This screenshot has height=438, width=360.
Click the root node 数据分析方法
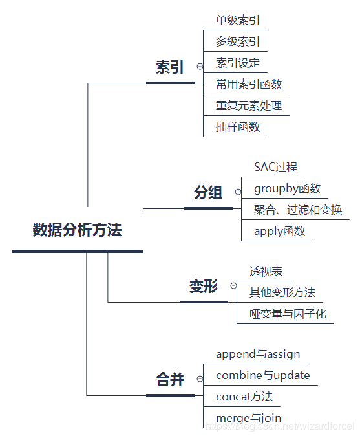click(77, 230)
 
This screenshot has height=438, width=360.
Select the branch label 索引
click(170, 67)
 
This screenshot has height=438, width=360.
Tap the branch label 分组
click(208, 192)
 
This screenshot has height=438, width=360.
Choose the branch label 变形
click(204, 287)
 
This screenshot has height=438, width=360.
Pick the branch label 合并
click(170, 380)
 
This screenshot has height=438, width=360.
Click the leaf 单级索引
click(238, 21)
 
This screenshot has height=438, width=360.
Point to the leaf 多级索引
click(238, 42)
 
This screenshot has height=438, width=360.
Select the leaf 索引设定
click(238, 63)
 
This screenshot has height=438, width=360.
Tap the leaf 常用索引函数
click(249, 84)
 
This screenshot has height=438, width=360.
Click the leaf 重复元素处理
click(249, 105)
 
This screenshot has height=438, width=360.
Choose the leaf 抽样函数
click(238, 127)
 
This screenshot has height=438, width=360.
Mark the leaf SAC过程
click(275, 167)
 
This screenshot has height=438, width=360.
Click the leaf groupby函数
click(287, 188)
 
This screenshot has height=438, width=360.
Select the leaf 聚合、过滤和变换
click(298, 210)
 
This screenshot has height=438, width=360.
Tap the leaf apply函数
click(279, 231)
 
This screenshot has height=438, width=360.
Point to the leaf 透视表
click(266, 272)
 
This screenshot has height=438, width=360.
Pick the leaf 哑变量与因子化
click(288, 314)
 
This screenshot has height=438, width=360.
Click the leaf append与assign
click(258, 354)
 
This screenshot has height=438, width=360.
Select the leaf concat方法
click(244, 396)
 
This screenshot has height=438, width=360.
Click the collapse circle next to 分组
click(238, 192)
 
